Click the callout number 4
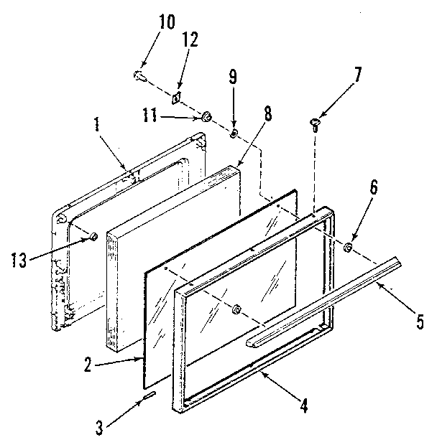[305, 406]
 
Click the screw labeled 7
[315, 123]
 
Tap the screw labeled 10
[139, 74]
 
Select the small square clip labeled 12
[175, 96]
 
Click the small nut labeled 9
[234, 133]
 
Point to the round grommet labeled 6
[348, 248]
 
